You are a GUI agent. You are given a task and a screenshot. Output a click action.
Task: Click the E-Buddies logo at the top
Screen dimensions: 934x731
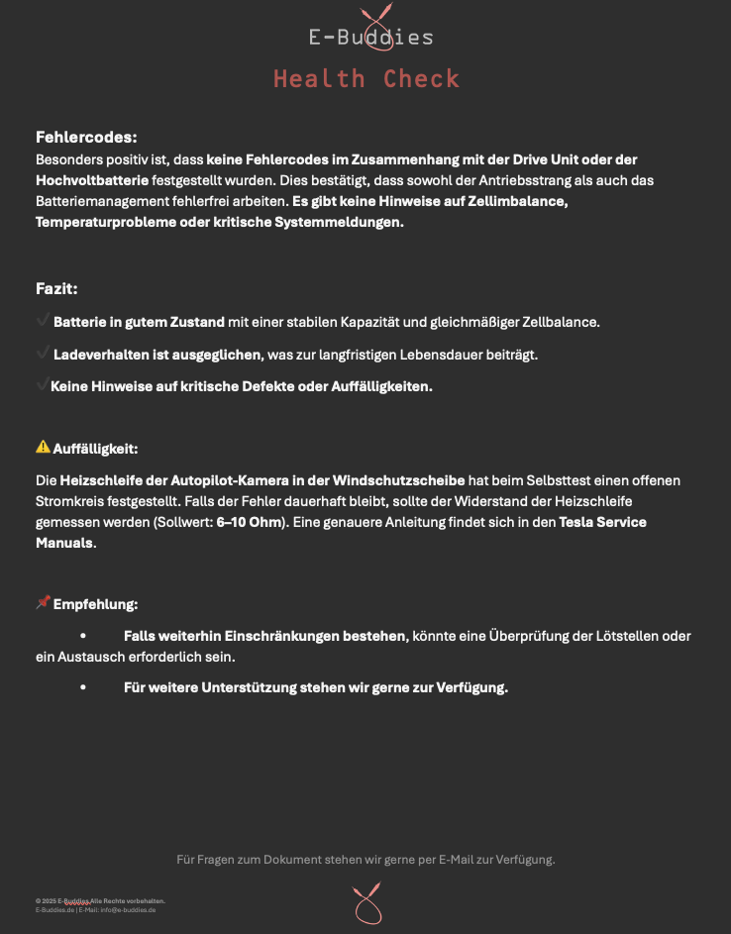pyautogui.click(x=370, y=35)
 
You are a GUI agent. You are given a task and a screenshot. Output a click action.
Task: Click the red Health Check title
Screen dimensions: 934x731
pyautogui.click(x=366, y=79)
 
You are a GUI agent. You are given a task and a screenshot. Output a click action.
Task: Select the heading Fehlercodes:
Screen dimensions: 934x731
pyautogui.click(x=86, y=137)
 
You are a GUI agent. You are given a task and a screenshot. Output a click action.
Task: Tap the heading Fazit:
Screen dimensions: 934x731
pyautogui.click(x=56, y=289)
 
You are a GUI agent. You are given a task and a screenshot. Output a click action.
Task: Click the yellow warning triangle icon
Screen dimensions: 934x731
pyautogui.click(x=43, y=447)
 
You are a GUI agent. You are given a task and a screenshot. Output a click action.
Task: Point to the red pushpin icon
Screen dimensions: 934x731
pyautogui.click(x=43, y=602)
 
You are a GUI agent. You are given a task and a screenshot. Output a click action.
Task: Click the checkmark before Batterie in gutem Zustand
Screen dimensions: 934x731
pyautogui.click(x=43, y=321)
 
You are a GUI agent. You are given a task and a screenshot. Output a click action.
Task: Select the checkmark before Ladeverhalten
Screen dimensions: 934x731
pyautogui.click(x=43, y=353)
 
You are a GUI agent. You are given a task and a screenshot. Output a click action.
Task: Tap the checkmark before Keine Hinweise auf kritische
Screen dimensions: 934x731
pyautogui.click(x=42, y=384)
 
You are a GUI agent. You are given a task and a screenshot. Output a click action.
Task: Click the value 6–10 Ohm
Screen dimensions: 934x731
pyautogui.click(x=250, y=521)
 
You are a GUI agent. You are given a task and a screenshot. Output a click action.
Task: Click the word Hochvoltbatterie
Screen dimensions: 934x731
pyautogui.click(x=92, y=180)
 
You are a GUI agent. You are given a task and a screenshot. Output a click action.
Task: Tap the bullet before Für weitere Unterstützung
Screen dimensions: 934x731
pyautogui.click(x=83, y=687)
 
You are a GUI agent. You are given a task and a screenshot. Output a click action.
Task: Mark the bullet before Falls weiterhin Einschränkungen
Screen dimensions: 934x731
pyautogui.click(x=83, y=636)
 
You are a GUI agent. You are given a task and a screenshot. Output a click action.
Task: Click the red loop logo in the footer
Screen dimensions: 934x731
pyautogui.click(x=366, y=903)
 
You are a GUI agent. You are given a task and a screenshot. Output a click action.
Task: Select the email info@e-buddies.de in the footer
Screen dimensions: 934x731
pyautogui.click(x=128, y=909)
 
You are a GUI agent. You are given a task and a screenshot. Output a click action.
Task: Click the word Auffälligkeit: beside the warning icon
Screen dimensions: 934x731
pyautogui.click(x=95, y=448)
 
